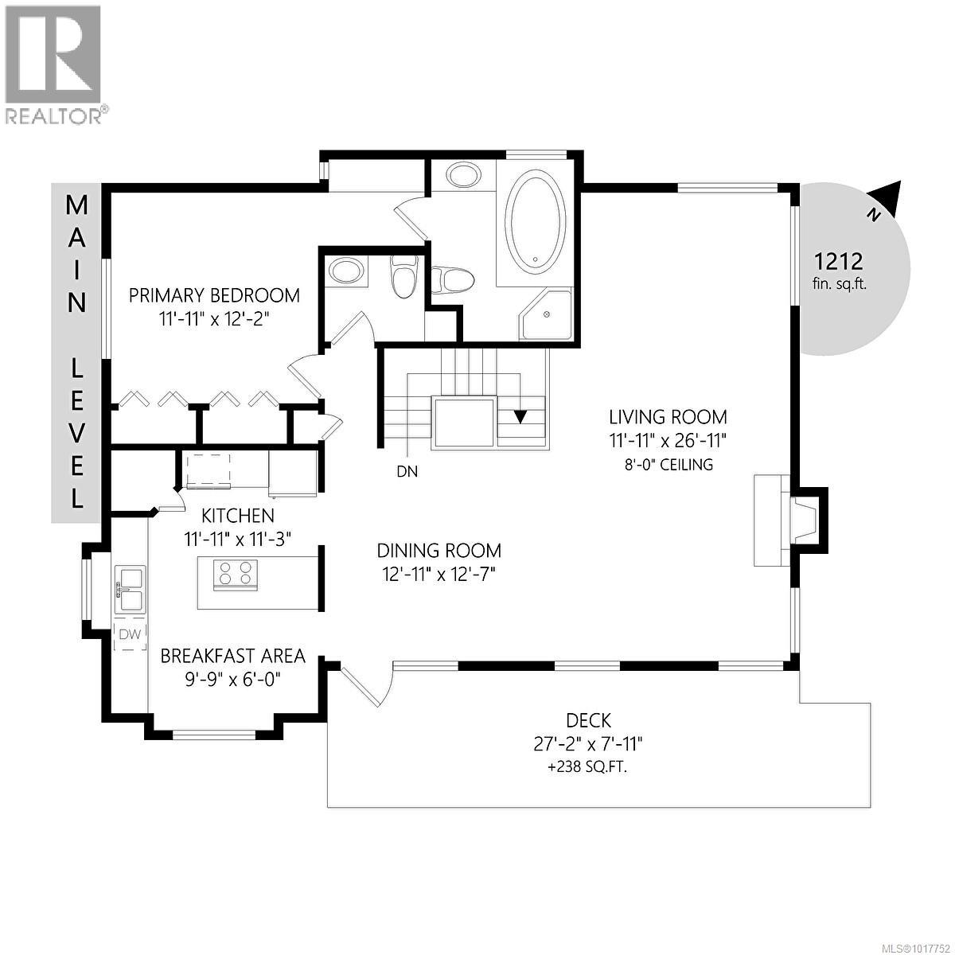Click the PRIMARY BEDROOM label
[x=214, y=296]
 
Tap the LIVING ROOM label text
[x=668, y=416]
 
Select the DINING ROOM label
[x=439, y=550]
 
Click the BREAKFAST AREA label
[x=232, y=656]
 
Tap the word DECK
[x=588, y=721]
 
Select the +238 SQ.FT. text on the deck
[x=588, y=768]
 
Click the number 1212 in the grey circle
[x=838, y=260]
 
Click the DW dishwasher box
[x=130, y=634]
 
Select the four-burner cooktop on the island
[x=235, y=574]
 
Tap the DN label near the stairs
[x=407, y=471]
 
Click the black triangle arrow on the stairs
[x=521, y=416]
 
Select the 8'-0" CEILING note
[x=668, y=464]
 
